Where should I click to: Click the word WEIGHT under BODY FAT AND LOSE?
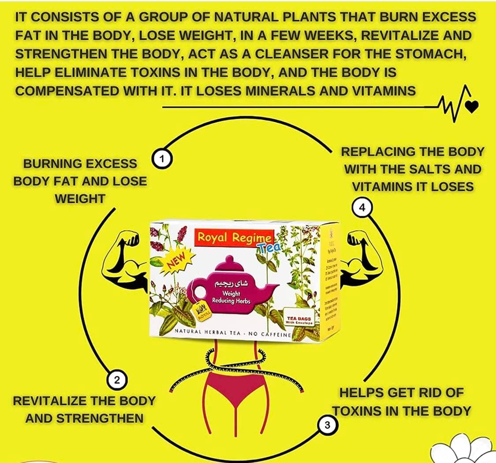(80, 198)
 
